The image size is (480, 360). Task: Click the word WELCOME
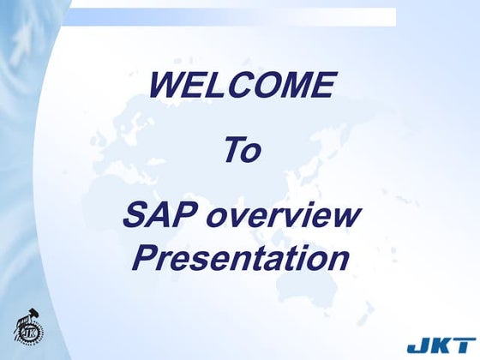(x=241, y=86)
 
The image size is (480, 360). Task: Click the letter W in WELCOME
(x=165, y=86)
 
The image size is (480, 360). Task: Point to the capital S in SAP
(x=135, y=215)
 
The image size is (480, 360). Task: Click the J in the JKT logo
(x=417, y=347)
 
